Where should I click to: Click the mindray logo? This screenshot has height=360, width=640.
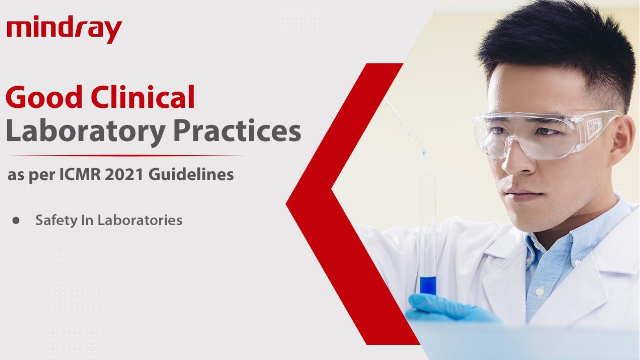(64, 29)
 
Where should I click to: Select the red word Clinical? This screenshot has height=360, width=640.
(143, 96)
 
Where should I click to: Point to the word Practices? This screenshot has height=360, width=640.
(237, 131)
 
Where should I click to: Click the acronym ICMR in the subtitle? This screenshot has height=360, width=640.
(80, 175)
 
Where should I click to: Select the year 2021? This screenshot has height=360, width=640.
(124, 175)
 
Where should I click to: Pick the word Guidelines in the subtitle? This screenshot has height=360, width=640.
(191, 174)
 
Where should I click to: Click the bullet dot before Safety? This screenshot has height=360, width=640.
(16, 221)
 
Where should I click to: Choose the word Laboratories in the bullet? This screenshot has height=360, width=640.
(140, 220)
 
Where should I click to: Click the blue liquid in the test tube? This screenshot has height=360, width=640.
(428, 285)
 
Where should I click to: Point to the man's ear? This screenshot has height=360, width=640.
(628, 143)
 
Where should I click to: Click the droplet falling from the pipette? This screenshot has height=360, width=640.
(424, 153)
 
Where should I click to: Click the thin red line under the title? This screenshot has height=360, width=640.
(127, 156)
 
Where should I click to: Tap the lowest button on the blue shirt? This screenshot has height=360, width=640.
(539, 291)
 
